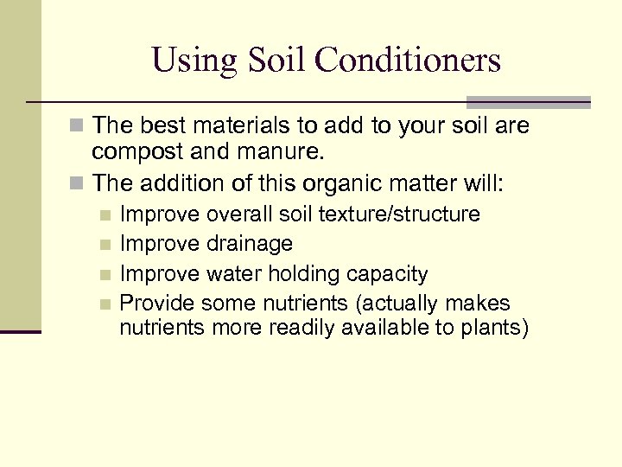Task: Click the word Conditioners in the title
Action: pos(409,61)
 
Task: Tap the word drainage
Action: pos(250,244)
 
